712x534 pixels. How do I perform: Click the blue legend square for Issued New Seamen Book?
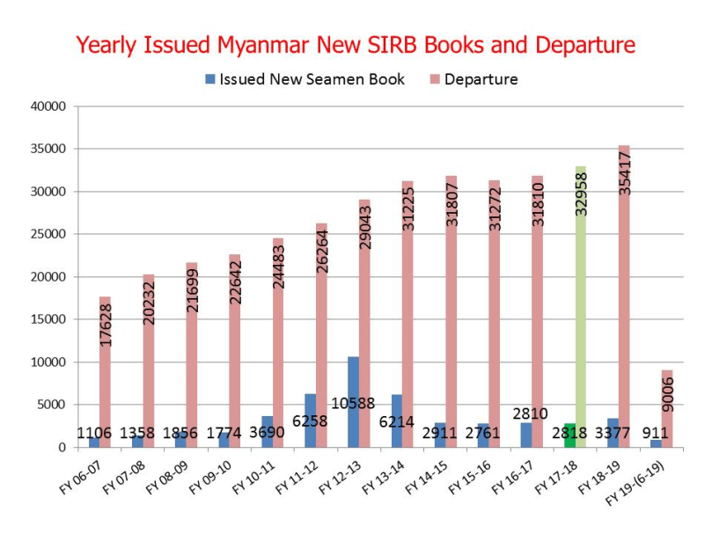coord(210,79)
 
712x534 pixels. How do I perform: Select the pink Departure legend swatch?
coord(435,79)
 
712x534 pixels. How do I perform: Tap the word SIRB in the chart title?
coord(422,44)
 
